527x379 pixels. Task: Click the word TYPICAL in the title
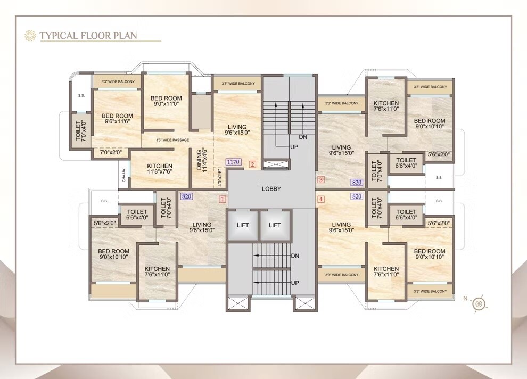click(58, 36)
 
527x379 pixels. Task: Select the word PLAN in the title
click(125, 36)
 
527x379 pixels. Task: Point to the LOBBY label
click(271, 189)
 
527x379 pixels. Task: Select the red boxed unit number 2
click(252, 164)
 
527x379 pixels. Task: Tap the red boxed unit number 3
click(320, 180)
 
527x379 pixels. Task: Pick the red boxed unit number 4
click(320, 200)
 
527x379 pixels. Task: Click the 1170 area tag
click(233, 162)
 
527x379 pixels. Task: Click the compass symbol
click(481, 303)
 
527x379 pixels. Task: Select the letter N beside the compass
click(465, 299)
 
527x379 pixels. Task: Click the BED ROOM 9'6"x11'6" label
click(118, 119)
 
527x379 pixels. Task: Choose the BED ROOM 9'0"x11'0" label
click(166, 101)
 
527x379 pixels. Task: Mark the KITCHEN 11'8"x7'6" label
click(159, 169)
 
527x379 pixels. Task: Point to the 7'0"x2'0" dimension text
click(111, 153)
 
